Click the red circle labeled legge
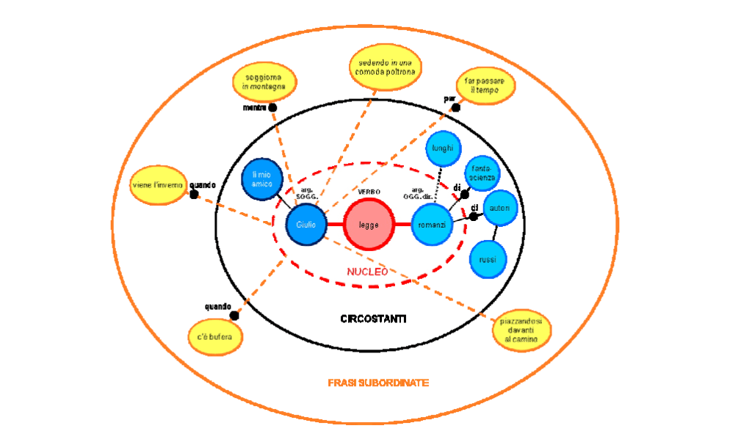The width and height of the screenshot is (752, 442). [369, 225]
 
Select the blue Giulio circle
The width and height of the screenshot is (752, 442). [301, 224]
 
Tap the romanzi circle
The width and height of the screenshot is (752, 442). [433, 224]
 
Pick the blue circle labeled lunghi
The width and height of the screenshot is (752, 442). [444, 148]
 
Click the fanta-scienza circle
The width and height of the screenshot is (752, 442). [483, 173]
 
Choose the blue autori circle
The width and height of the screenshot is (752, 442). [500, 209]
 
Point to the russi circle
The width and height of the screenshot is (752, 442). [488, 260]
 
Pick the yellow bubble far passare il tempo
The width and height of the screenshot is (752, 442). [485, 84]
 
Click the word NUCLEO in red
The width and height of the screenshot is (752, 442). [367, 272]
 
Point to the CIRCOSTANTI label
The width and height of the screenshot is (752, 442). [373, 319]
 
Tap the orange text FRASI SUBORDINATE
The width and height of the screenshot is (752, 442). [378, 383]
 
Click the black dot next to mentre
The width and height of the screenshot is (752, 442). [272, 107]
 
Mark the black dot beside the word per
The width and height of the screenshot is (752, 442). [455, 107]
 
